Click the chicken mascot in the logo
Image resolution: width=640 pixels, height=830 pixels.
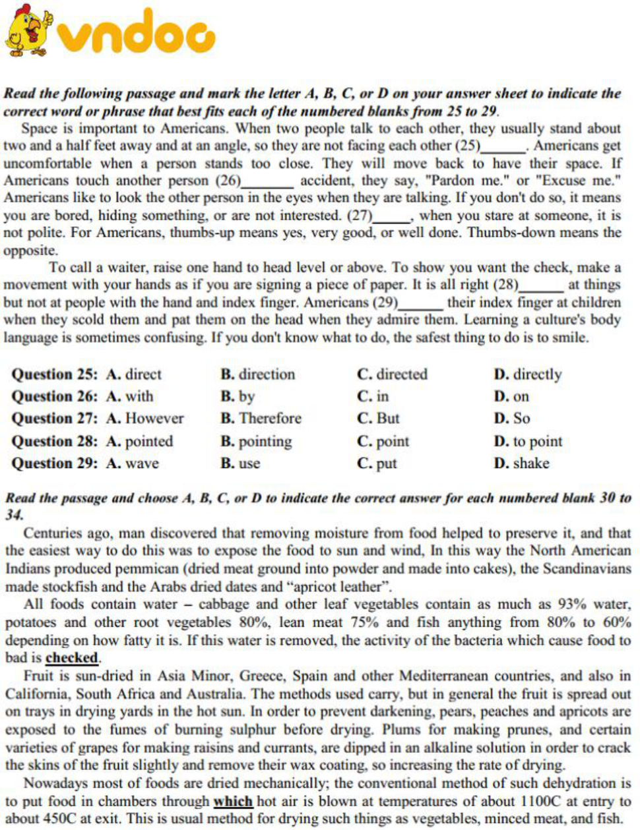click(28, 31)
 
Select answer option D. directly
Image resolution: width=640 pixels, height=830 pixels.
click(528, 374)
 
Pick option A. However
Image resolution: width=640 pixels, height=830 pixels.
click(145, 419)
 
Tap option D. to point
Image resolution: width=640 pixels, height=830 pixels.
click(528, 441)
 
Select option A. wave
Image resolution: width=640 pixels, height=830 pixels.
click(133, 463)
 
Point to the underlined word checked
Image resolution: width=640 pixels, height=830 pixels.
click(72, 658)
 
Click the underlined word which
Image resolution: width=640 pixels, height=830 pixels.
click(233, 802)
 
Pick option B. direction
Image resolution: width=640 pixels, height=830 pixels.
click(258, 374)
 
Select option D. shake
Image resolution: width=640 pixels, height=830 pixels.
click(521, 463)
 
